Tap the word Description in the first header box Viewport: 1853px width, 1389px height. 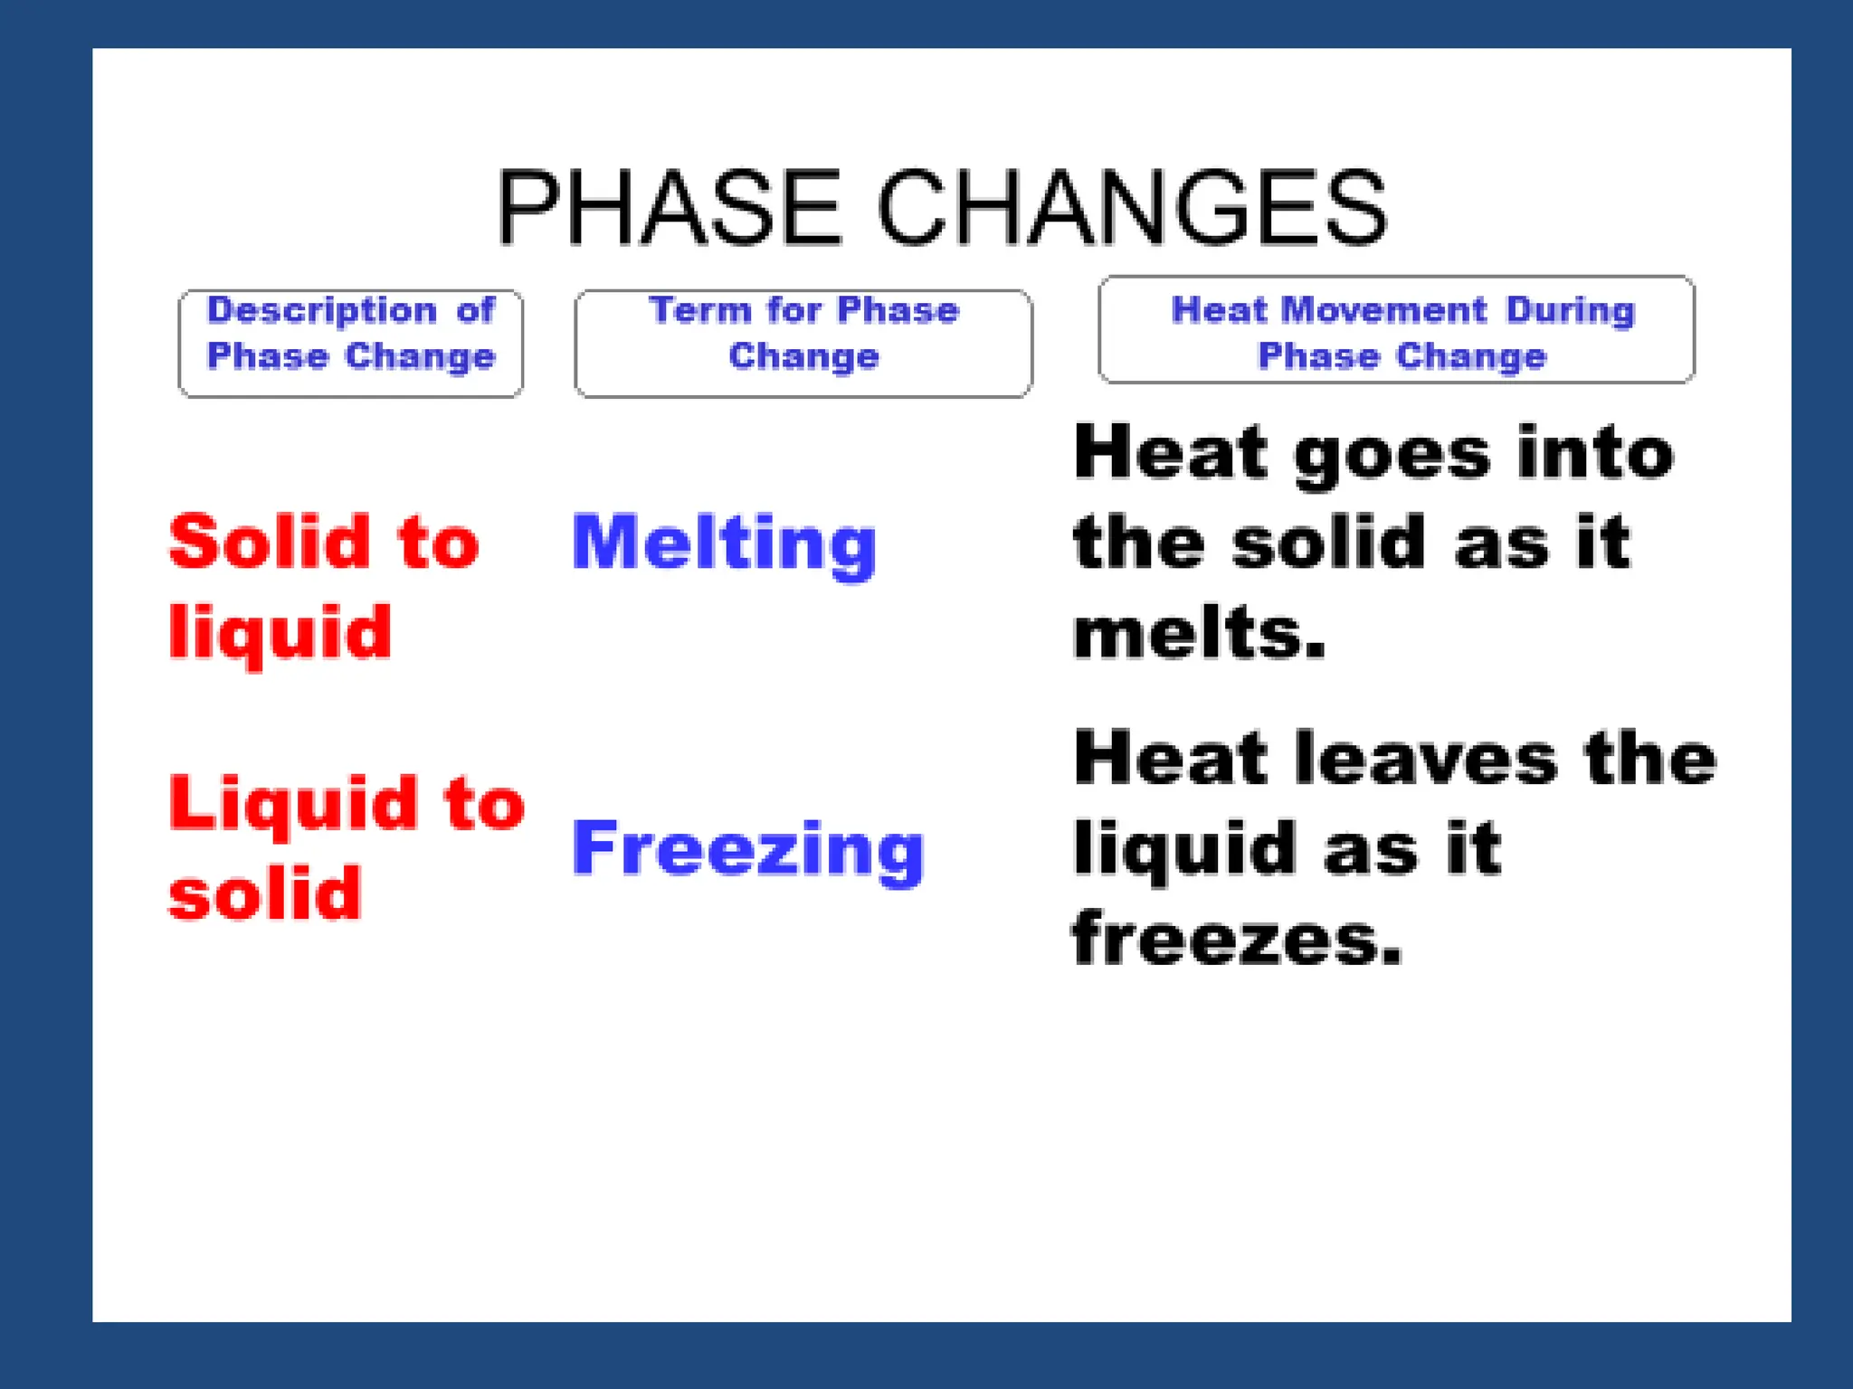(322, 310)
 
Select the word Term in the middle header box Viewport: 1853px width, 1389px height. (700, 310)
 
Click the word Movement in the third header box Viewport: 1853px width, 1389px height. (1384, 310)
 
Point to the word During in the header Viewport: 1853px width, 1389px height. (1571, 310)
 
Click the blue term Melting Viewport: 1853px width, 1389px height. (724, 543)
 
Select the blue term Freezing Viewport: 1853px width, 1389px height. (747, 848)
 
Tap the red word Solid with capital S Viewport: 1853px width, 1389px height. (270, 541)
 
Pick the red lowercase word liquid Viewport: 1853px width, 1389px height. (280, 633)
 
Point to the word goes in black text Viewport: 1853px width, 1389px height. (1392, 455)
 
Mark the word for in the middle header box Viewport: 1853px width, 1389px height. (794, 310)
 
